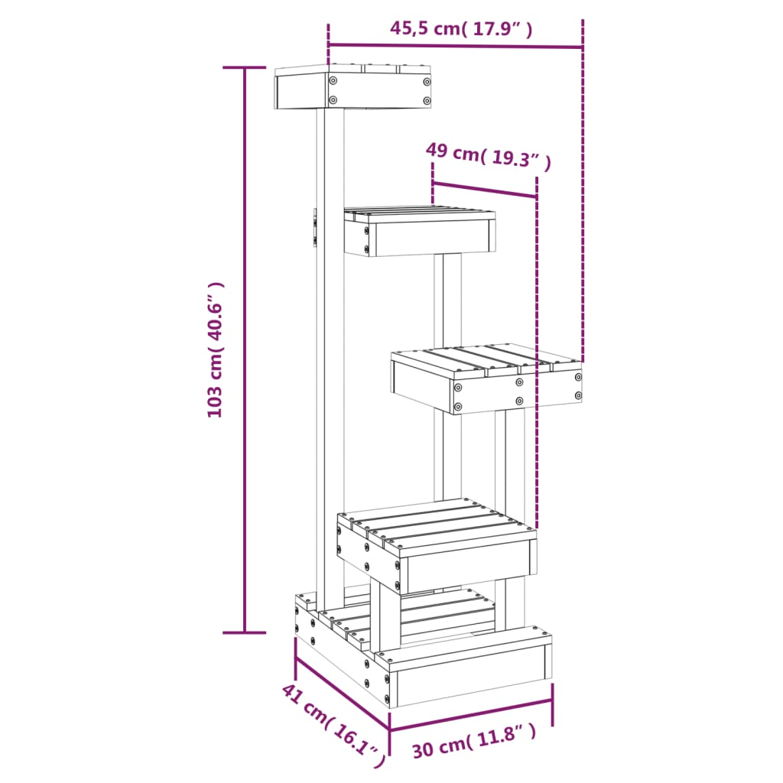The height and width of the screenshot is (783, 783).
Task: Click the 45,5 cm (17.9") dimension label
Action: (x=461, y=29)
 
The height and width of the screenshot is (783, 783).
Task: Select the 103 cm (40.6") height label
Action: (x=216, y=349)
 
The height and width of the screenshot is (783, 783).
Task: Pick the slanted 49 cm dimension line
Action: (x=484, y=190)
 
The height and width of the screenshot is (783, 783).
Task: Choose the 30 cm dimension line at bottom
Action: (x=471, y=713)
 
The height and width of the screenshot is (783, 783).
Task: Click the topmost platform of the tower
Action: (x=353, y=89)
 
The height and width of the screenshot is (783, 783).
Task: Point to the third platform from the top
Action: (x=486, y=380)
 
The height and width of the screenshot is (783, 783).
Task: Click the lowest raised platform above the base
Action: (x=436, y=547)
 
